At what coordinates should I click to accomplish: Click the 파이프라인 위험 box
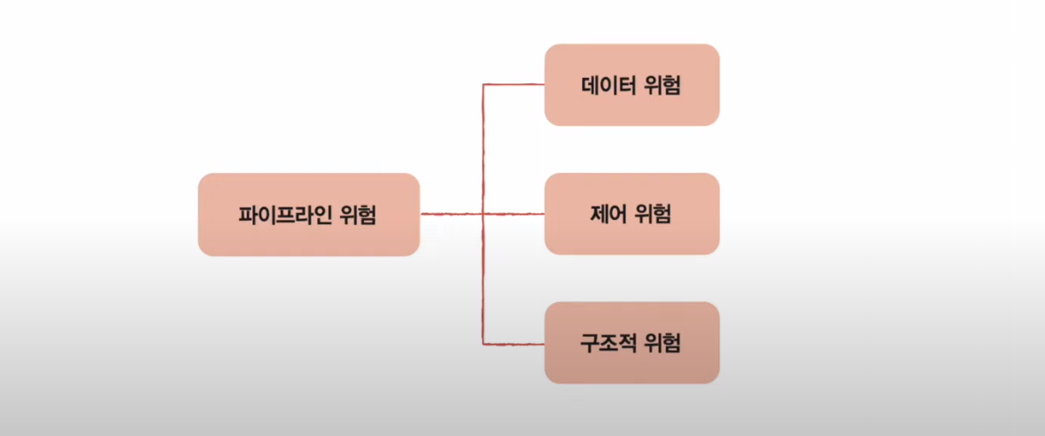(x=308, y=214)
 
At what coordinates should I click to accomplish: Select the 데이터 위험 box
(x=631, y=85)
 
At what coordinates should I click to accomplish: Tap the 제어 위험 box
(x=631, y=214)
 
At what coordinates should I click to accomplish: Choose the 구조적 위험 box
(x=631, y=343)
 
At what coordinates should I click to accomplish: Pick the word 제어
(x=608, y=214)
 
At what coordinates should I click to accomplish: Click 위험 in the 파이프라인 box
(x=357, y=215)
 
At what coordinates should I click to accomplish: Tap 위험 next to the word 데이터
(x=662, y=86)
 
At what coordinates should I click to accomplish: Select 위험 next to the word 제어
(x=654, y=214)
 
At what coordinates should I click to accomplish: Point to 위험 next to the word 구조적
(x=662, y=343)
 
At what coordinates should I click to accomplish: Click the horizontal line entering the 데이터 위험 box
(x=514, y=85)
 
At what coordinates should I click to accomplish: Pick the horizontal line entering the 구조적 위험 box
(x=514, y=342)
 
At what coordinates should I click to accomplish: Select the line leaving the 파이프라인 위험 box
(x=450, y=214)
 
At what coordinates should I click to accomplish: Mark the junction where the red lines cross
(x=483, y=214)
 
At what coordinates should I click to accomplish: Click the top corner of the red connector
(x=483, y=85)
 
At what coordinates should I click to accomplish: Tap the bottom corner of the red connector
(x=483, y=342)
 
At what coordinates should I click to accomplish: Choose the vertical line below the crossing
(x=483, y=278)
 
